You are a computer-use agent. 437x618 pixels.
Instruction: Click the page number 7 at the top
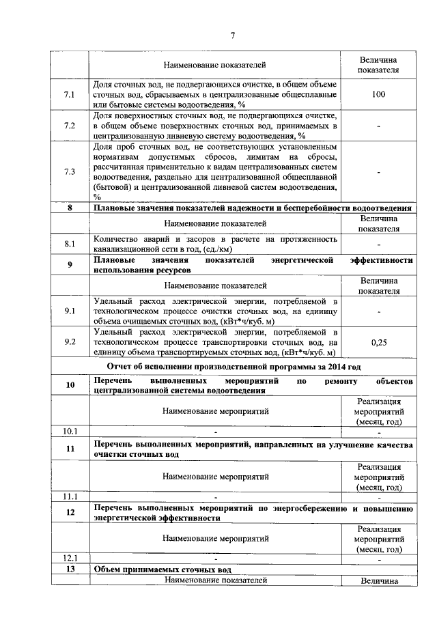[231, 36]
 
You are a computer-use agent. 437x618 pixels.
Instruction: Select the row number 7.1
[69, 94]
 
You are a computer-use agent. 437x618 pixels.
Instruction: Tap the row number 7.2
[69, 126]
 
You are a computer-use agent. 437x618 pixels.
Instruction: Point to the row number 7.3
[69, 171]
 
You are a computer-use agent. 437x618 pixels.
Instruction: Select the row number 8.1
[69, 243]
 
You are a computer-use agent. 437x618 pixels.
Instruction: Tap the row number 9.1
[69, 311]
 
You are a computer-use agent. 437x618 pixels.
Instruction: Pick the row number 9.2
[69, 342]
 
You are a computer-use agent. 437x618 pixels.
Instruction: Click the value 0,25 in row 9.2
[380, 342]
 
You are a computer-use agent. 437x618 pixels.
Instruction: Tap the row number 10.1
[70, 432]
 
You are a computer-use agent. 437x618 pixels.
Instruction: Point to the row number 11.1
[70, 496]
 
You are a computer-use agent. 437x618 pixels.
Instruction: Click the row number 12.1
[70, 559]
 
